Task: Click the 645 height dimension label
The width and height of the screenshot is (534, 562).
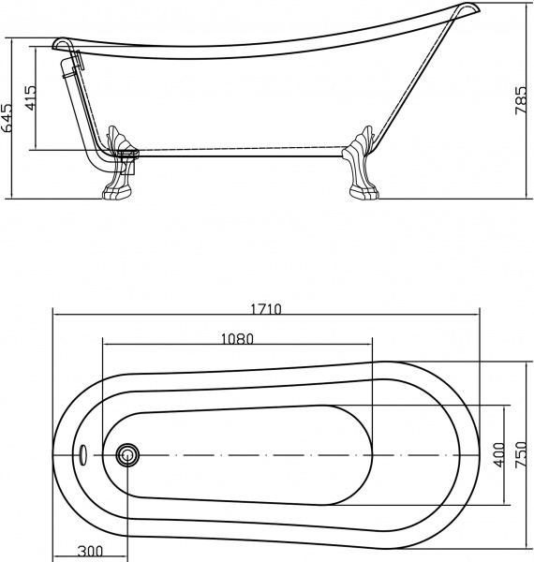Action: [9, 120]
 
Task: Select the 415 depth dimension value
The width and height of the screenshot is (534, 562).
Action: [30, 97]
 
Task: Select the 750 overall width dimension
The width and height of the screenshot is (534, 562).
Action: [521, 455]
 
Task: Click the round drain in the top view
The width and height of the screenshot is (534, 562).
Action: [126, 455]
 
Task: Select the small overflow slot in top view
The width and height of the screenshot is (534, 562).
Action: [83, 455]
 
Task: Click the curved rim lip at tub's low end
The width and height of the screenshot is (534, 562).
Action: [62, 44]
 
